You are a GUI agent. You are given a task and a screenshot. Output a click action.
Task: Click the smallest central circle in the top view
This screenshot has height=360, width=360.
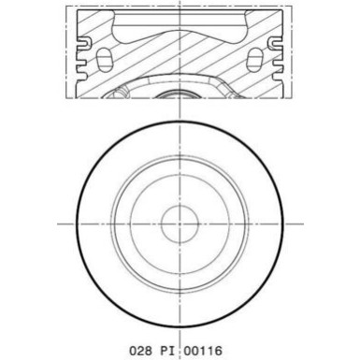(x=180, y=224)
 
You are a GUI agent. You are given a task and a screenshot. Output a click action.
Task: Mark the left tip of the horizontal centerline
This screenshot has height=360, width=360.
(x=58, y=224)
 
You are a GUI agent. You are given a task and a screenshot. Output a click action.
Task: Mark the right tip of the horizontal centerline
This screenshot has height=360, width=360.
(x=301, y=224)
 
